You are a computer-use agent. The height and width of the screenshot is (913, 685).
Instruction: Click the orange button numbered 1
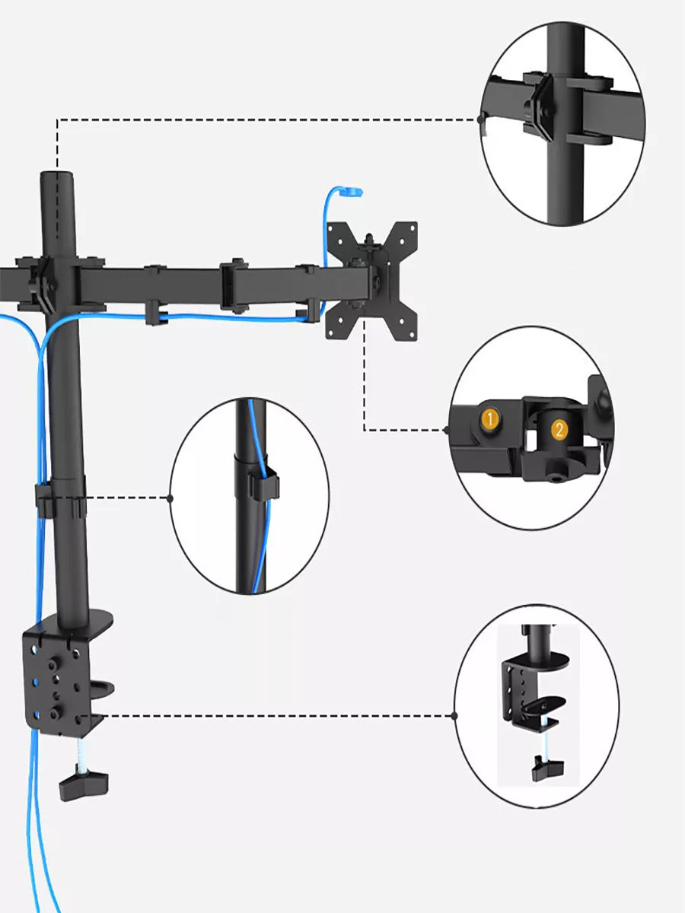coord(490,418)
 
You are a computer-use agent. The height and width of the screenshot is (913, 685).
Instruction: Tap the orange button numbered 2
coord(559,429)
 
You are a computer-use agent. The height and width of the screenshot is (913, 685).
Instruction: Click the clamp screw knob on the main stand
coord(83,782)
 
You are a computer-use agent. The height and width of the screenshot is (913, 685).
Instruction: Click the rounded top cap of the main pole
coord(58,179)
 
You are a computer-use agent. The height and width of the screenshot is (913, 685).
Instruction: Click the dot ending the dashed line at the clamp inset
coord(454,716)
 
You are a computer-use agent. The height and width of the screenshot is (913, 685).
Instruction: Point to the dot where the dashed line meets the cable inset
coord(170,498)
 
